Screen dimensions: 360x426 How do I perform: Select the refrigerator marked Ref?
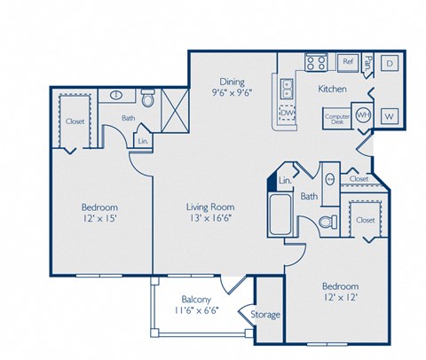coord(348,63)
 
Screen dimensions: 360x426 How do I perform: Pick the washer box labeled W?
coord(390,116)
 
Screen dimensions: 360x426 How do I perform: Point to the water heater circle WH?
coord(362,114)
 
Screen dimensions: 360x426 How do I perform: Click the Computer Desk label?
coord(338,117)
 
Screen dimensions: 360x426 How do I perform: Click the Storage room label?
coord(265,315)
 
